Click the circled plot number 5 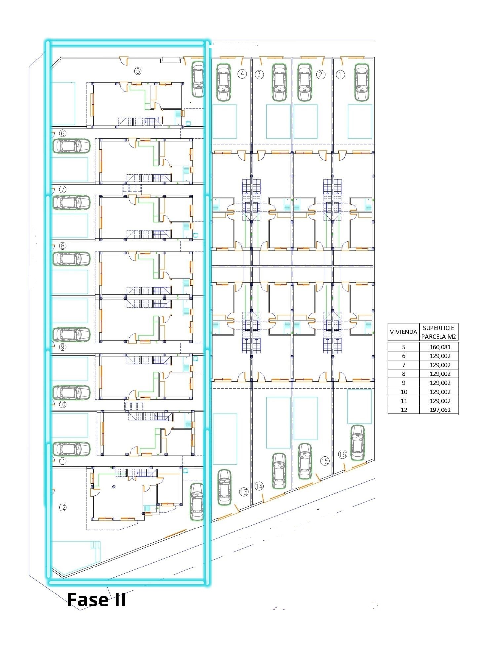[x=138, y=71]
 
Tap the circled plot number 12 [x=62, y=507]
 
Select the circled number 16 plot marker [x=342, y=455]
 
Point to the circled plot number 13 [x=244, y=492]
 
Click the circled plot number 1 [x=340, y=75]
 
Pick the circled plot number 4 [x=242, y=74]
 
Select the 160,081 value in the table [x=438, y=347]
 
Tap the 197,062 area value [x=438, y=410]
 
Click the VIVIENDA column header [x=403, y=332]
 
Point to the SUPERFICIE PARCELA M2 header [x=438, y=332]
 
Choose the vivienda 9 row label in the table [x=403, y=383]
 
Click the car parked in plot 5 [x=198, y=79]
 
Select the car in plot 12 [x=197, y=502]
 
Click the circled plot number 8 [x=62, y=246]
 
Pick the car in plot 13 [x=224, y=488]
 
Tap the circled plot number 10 [x=62, y=404]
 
